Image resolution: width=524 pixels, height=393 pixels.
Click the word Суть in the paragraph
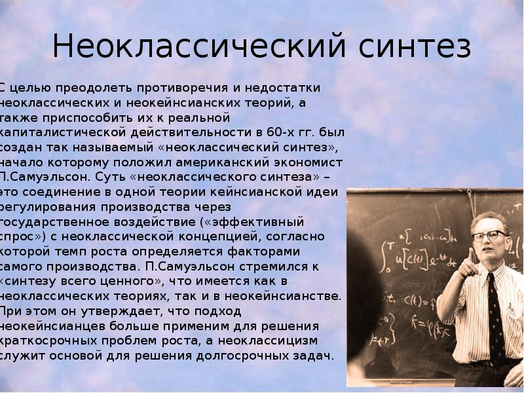(108, 177)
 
